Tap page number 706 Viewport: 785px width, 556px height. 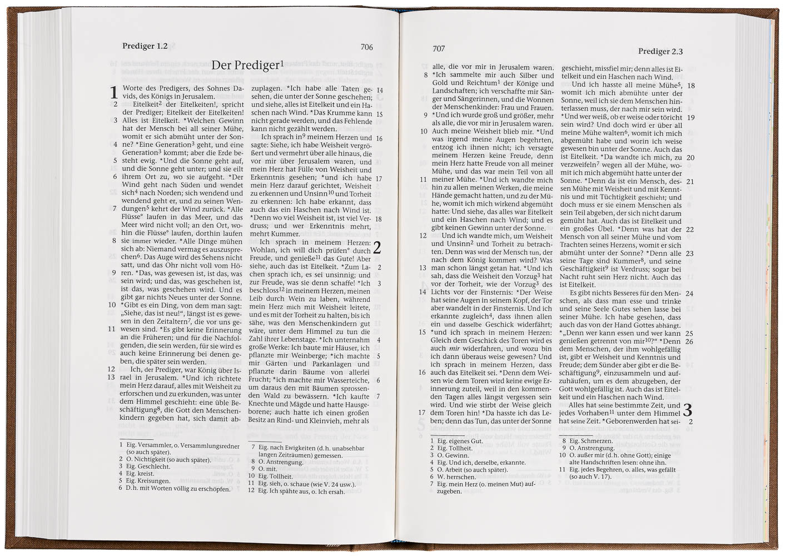pos(366,47)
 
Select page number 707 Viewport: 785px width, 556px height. pos(439,49)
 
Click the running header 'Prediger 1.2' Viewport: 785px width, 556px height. pos(145,46)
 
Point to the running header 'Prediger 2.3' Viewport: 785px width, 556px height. pos(660,51)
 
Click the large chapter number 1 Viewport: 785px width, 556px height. pos(114,93)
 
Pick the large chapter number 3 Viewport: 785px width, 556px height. pos(688,410)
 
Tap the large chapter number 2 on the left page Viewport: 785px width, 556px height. pos(377,247)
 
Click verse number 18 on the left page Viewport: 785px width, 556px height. pos(378,219)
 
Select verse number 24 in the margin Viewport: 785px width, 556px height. pos(689,294)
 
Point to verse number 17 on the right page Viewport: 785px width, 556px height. pos(422,413)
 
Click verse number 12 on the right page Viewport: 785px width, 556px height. pos(423,236)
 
